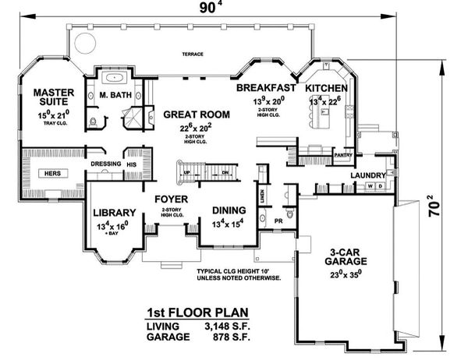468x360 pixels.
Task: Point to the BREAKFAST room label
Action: point(265,87)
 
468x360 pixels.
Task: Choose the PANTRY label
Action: point(343,155)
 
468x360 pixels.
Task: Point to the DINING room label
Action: point(229,210)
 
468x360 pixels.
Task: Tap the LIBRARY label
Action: point(115,212)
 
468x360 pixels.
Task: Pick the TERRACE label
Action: point(193,55)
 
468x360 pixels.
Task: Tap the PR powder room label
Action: point(278,221)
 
